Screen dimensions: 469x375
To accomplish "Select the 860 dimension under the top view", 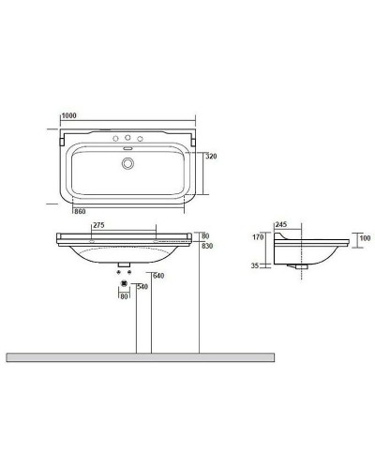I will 81,213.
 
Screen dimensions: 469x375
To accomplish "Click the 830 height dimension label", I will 207,245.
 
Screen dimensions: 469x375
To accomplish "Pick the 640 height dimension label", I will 145,275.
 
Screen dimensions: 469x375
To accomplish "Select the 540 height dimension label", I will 143,286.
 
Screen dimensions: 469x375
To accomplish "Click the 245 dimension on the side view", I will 281,226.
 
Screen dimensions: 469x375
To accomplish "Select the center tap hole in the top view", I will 128,139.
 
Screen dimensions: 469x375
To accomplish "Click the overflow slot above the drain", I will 128,147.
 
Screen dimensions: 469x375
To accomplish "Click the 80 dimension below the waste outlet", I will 123,297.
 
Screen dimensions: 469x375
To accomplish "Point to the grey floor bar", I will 141,357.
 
